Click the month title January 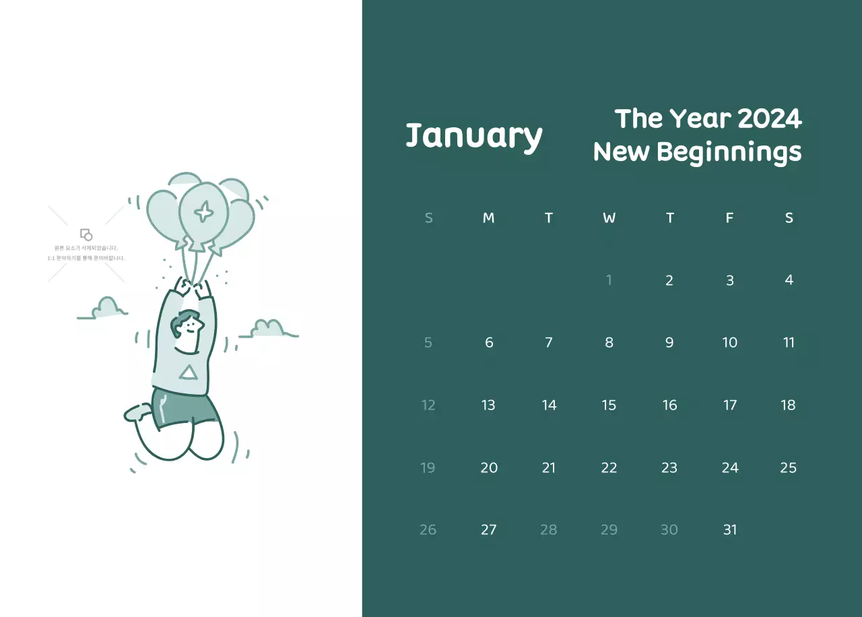pyautogui.click(x=473, y=136)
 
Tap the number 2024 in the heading pyautogui.click(x=769, y=119)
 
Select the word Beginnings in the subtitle pyautogui.click(x=729, y=152)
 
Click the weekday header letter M pyautogui.click(x=488, y=218)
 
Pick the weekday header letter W pyautogui.click(x=609, y=218)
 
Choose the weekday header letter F pyautogui.click(x=729, y=218)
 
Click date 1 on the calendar pyautogui.click(x=609, y=280)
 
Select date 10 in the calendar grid pyautogui.click(x=729, y=343)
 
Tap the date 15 pyautogui.click(x=609, y=405)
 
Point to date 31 pyautogui.click(x=729, y=530)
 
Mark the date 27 pyautogui.click(x=488, y=530)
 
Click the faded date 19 pyautogui.click(x=428, y=467)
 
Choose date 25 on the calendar pyautogui.click(x=788, y=467)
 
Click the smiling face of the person pyautogui.click(x=191, y=328)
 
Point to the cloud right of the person pyautogui.click(x=269, y=329)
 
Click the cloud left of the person pyautogui.click(x=106, y=308)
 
